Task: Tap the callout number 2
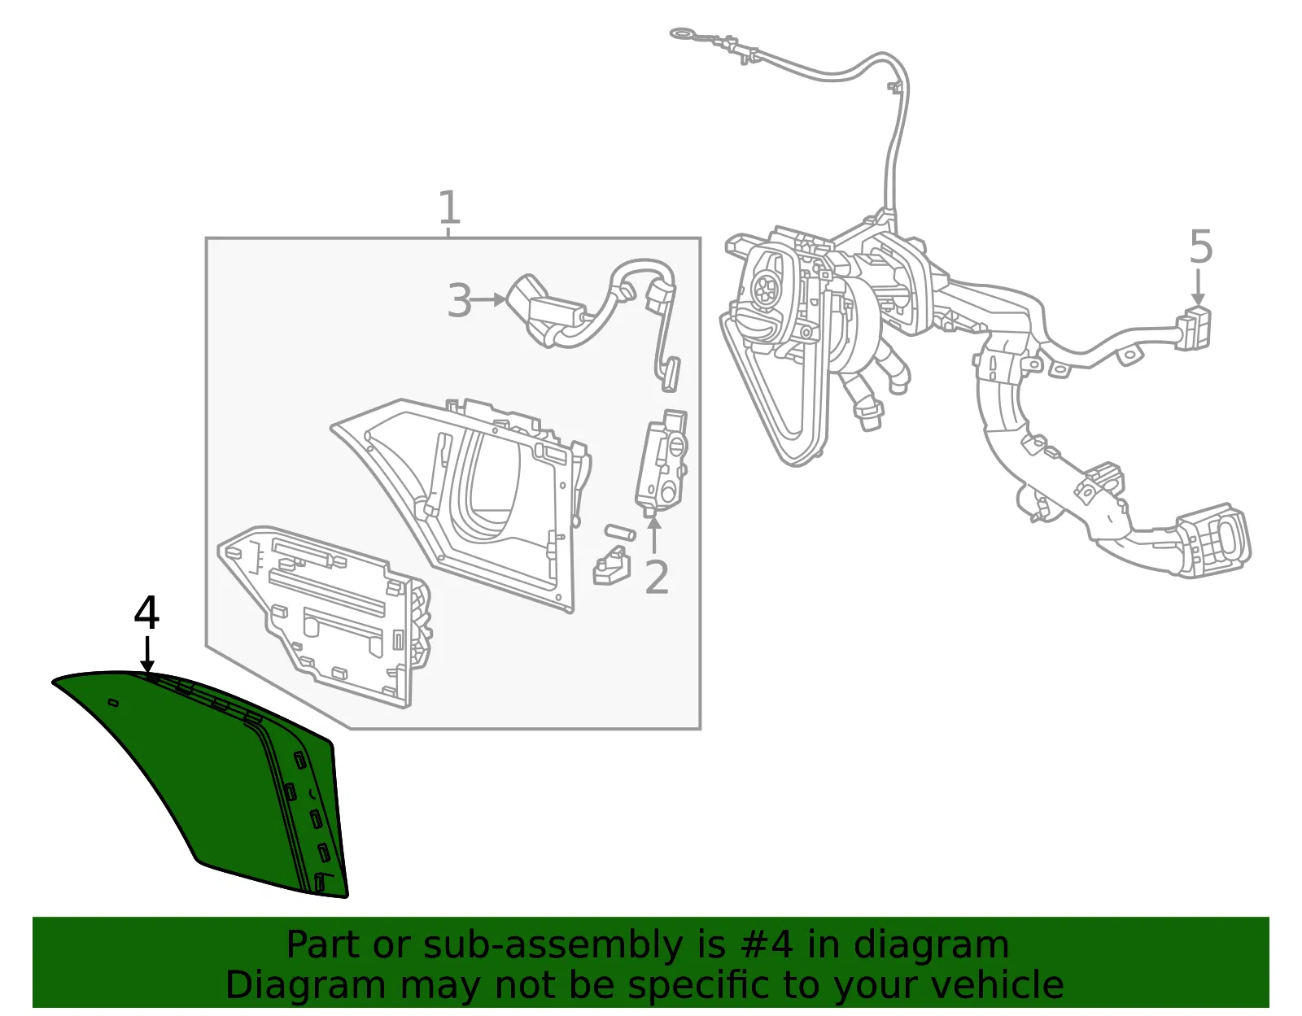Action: [x=657, y=578]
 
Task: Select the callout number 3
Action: [x=460, y=300]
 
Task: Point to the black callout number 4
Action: [x=146, y=613]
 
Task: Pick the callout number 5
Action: [x=1201, y=246]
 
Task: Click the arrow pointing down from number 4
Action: [x=147, y=655]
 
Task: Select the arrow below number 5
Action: [x=1198, y=287]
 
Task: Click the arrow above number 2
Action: [x=654, y=534]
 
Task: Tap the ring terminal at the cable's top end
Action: [x=683, y=33]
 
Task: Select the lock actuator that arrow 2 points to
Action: [x=661, y=463]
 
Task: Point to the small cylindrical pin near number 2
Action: [x=619, y=532]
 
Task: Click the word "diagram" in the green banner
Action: [x=930, y=944]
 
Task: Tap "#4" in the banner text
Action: [x=767, y=944]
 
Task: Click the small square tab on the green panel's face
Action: [x=112, y=702]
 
